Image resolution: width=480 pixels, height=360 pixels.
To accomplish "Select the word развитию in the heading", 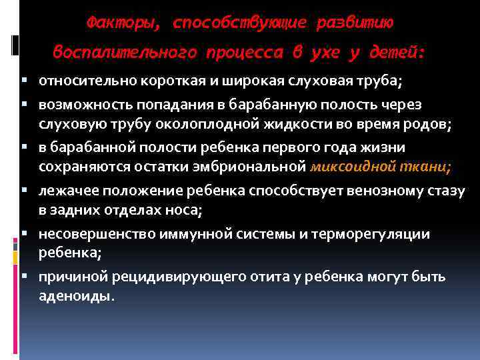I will (355, 23).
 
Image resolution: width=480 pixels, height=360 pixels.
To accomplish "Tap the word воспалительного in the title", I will (121, 52).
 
